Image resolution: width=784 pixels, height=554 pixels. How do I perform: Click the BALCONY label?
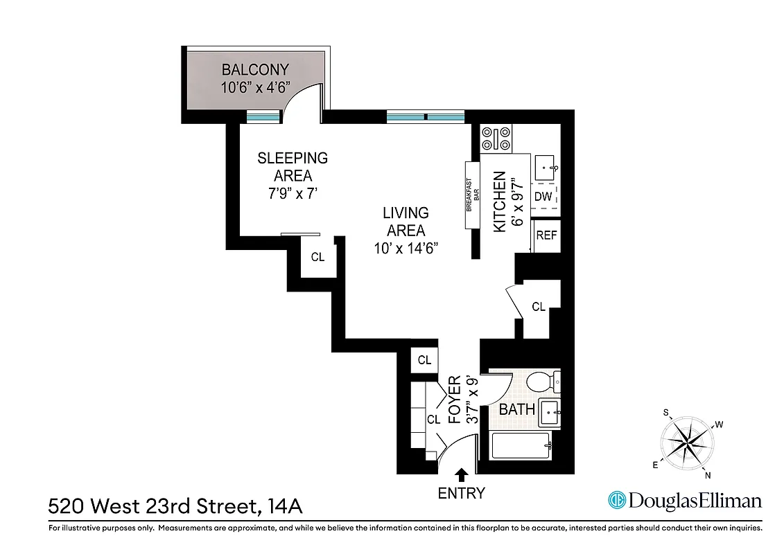[254, 69]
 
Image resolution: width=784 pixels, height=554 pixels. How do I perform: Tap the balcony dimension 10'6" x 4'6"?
[254, 88]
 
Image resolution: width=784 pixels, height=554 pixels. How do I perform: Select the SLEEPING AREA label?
[293, 166]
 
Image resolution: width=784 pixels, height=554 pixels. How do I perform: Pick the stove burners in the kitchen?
[496, 138]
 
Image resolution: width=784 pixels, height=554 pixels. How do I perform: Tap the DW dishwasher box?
[543, 197]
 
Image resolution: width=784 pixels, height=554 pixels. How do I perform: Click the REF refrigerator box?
[546, 235]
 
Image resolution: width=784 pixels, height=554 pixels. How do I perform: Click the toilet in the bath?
[541, 382]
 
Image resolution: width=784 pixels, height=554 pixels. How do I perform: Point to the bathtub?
[521, 446]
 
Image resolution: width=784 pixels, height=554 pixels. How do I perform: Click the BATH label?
[517, 409]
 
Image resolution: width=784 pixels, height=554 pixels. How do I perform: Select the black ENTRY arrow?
[461, 474]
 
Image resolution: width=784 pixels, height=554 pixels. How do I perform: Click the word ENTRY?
[461, 494]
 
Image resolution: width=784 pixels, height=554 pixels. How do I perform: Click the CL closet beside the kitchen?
[539, 306]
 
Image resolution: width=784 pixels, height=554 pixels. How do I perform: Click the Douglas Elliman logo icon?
[616, 501]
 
